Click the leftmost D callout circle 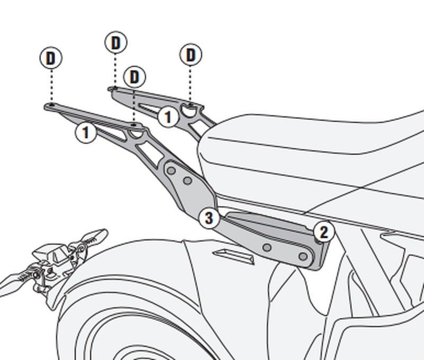(50, 58)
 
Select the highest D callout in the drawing (116, 43)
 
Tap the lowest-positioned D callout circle (135, 77)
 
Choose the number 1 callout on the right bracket (168, 116)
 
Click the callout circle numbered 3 (209, 217)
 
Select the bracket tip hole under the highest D (113, 89)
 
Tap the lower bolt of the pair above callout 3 (187, 181)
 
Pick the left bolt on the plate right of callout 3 (267, 247)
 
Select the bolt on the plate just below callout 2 (303, 257)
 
